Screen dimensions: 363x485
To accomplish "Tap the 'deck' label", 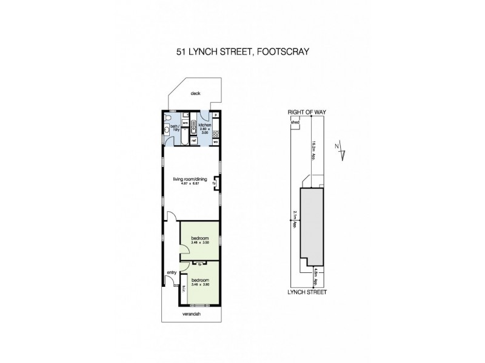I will tap(195, 93).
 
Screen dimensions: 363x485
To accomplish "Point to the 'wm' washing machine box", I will tap(186, 120).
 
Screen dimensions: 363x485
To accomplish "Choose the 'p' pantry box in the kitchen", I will tap(216, 114).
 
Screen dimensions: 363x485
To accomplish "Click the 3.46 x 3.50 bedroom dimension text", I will tap(199, 243).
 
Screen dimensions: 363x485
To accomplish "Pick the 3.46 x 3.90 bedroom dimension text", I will tap(199, 285).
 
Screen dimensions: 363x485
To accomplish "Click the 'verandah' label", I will tap(191, 314).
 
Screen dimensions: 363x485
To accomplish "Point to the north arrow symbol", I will tap(343, 151).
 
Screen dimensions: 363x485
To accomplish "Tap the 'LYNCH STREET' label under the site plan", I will tap(308, 292).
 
